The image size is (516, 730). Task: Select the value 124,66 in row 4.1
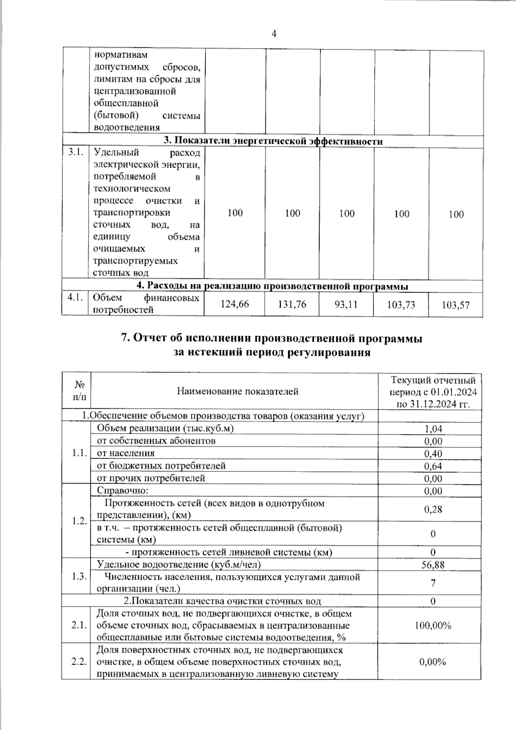point(234,304)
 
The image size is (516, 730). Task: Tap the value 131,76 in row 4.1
point(292,304)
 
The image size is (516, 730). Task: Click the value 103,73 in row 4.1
point(401,305)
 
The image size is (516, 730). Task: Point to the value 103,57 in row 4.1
point(455,305)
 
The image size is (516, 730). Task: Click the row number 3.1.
point(75,153)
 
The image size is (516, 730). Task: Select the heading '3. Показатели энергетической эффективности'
point(273,141)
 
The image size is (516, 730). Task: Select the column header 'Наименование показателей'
point(237,391)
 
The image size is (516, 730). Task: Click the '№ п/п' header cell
point(80,391)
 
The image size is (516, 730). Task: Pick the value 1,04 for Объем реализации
point(433,428)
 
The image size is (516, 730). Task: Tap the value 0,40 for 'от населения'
point(433,453)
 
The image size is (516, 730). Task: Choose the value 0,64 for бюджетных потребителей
point(433,466)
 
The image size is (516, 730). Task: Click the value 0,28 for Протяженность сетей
point(433,509)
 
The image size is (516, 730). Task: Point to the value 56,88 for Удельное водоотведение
point(433,564)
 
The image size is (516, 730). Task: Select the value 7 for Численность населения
point(433,583)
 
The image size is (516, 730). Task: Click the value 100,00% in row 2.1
point(433,625)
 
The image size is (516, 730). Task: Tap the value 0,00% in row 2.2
point(433,662)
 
